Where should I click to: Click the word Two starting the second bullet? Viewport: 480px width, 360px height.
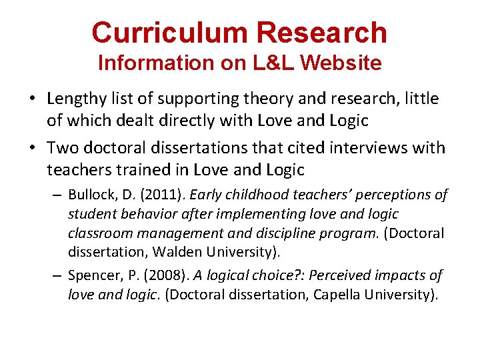pyautogui.click(x=61, y=148)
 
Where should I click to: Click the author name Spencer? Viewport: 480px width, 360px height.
pyautogui.click(x=93, y=275)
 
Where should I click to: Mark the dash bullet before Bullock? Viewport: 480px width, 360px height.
pyautogui.click(x=56, y=195)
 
